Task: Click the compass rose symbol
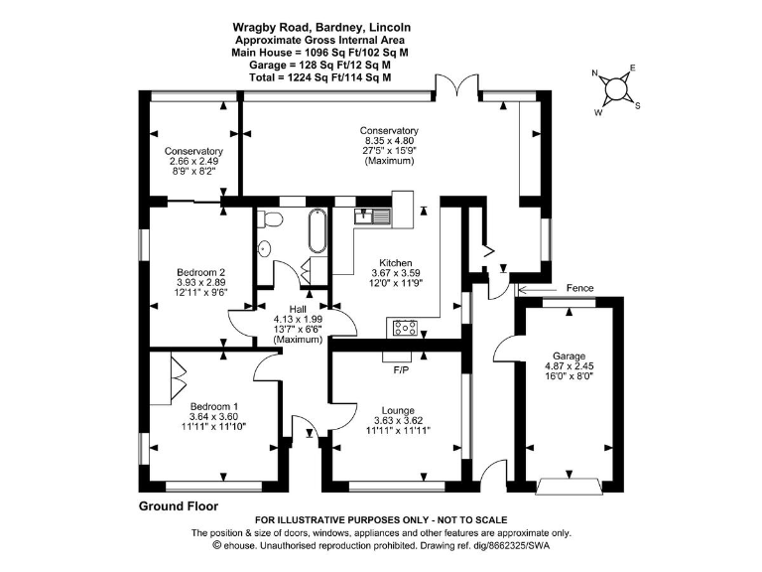pyautogui.click(x=617, y=88)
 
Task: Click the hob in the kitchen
pyautogui.click(x=406, y=325)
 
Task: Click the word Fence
pyautogui.click(x=579, y=288)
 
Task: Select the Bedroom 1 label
pyautogui.click(x=213, y=407)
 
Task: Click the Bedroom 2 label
pyautogui.click(x=201, y=272)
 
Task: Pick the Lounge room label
pyautogui.click(x=397, y=409)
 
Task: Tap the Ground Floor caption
pyautogui.click(x=178, y=505)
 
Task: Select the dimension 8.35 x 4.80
pyautogui.click(x=389, y=141)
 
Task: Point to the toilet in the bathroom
pyautogui.click(x=265, y=249)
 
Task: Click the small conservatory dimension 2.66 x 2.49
pyautogui.click(x=192, y=162)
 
